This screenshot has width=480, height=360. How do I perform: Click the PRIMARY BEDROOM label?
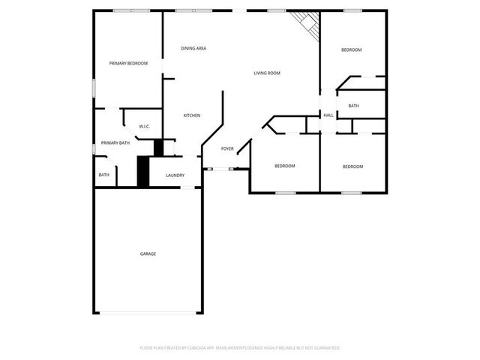tap(127, 64)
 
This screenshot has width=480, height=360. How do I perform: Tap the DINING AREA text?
tap(193, 49)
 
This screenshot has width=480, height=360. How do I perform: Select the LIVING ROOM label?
tap(266, 73)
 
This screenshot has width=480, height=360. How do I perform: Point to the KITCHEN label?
tap(192, 115)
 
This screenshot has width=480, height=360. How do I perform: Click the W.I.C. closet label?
tap(145, 127)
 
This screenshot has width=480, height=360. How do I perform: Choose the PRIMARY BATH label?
tap(115, 142)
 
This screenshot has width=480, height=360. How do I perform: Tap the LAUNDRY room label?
tap(175, 175)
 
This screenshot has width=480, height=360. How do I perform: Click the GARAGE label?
tap(148, 254)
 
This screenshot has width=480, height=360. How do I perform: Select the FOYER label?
tap(227, 149)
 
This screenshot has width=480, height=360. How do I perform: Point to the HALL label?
tap(328, 115)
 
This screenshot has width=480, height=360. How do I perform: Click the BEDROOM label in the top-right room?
tap(352, 50)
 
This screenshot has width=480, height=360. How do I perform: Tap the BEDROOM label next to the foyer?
tap(284, 166)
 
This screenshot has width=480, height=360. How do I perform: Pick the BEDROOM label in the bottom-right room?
tap(352, 166)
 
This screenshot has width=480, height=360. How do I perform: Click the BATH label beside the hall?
tap(353, 106)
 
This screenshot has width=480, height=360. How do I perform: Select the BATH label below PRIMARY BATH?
tap(103, 175)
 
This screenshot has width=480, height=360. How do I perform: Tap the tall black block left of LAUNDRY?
tap(142, 171)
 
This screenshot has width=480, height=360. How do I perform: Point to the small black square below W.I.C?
tap(158, 147)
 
